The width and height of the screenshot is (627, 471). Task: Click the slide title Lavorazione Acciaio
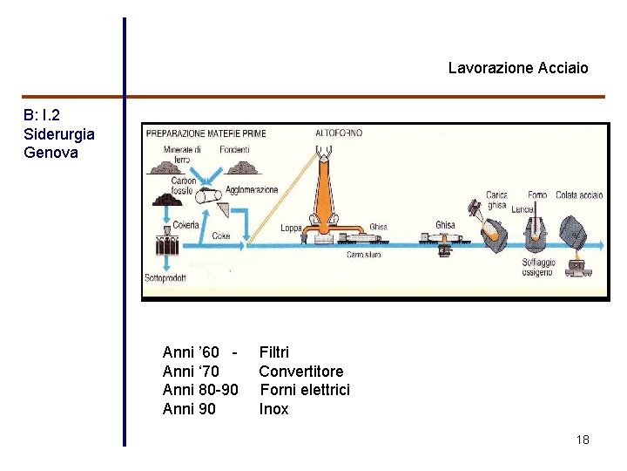tap(518, 68)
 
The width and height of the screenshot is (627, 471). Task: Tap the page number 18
tap(583, 440)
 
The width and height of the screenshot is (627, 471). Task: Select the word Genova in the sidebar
tap(51, 153)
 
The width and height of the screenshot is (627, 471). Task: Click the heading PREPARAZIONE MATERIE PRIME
tap(206, 133)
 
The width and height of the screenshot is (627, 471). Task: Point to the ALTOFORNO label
tap(339, 133)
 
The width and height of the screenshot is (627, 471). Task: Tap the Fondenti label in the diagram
tap(235, 149)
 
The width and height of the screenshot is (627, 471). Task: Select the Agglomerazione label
tap(252, 190)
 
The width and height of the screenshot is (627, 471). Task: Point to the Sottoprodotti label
tap(165, 278)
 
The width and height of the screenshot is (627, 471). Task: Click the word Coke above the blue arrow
tap(221, 235)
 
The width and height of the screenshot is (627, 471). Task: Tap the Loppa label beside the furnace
tap(291, 228)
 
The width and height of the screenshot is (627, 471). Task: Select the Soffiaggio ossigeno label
tap(538, 267)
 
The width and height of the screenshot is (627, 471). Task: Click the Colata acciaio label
tap(579, 195)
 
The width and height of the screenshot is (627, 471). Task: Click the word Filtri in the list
tap(274, 352)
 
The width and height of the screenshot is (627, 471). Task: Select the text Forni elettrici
tap(305, 390)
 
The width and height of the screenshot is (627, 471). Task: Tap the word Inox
tap(273, 409)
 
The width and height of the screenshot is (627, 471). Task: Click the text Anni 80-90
tap(200, 390)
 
